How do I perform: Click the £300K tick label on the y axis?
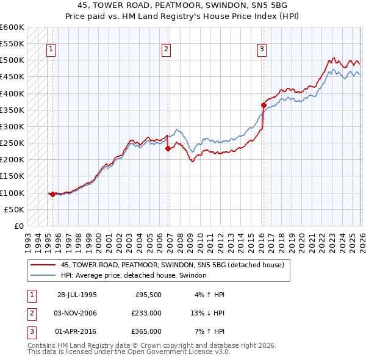tap(12, 126)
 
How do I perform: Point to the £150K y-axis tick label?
tap(12, 176)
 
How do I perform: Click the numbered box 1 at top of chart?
tap(51, 50)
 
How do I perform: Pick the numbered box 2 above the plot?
tap(166, 50)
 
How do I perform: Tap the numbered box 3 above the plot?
tap(262, 50)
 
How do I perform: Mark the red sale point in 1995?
tap(53, 194)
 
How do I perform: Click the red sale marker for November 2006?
tap(167, 148)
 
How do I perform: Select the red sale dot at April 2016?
tap(264, 105)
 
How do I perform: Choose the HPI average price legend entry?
tap(134, 276)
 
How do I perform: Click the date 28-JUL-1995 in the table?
tap(77, 295)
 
